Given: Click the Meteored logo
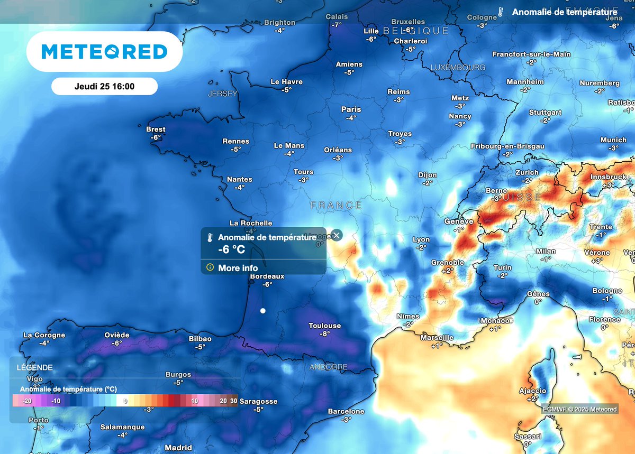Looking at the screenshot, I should [104, 51].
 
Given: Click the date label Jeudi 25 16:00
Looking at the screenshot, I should [104, 86].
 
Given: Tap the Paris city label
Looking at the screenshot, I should [351, 109].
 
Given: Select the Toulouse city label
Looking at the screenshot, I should [324, 326].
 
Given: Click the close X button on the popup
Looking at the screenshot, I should [336, 236].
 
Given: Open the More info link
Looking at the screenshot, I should [238, 268].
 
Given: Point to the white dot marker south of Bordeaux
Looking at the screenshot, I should [262, 311].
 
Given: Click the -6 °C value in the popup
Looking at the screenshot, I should [231, 249].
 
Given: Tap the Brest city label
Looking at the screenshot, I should [156, 129].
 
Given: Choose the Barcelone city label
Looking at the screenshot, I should [346, 411].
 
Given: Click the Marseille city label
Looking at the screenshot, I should [437, 337].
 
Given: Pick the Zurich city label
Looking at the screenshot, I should [527, 172].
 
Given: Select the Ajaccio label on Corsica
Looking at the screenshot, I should [532, 391].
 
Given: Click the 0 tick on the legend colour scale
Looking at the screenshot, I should [125, 402].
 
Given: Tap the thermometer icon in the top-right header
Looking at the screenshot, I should [500, 12].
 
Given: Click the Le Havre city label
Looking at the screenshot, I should [286, 82].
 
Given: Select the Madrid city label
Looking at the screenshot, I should [178, 448].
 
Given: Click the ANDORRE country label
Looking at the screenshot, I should [329, 367].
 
